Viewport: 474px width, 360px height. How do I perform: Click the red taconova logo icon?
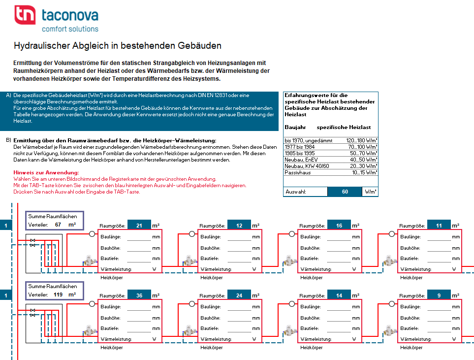click(x=25, y=14)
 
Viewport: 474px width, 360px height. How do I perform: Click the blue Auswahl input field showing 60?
click(x=344, y=192)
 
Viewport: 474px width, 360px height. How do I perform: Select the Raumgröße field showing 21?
click(x=139, y=226)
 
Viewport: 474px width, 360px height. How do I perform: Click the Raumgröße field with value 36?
click(x=139, y=295)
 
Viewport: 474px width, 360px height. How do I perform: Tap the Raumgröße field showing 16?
click(x=339, y=226)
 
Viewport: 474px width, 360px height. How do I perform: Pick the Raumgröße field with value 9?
click(x=439, y=295)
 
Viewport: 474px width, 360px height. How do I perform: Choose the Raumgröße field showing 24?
click(x=239, y=295)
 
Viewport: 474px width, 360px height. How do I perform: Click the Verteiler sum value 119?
click(x=58, y=295)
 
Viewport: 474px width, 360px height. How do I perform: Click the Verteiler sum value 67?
click(x=58, y=225)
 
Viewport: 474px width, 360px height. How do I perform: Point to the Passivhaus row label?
click(x=297, y=172)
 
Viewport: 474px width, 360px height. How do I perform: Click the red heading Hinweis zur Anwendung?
click(x=46, y=172)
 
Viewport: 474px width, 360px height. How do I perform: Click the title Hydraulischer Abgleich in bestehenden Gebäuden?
click(x=118, y=46)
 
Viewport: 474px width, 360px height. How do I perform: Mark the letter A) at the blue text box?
click(x=8, y=95)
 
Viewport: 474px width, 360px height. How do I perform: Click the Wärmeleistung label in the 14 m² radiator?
click(x=316, y=339)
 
